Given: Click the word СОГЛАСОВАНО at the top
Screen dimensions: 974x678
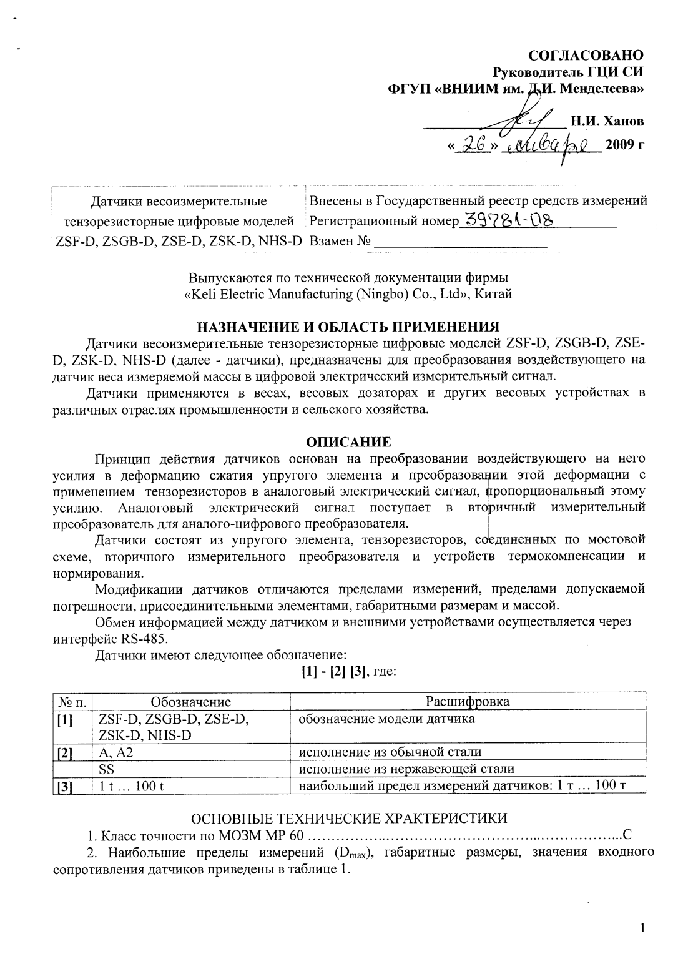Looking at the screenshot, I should tap(586, 56).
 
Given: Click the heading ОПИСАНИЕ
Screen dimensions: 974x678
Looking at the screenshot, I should tap(348, 442).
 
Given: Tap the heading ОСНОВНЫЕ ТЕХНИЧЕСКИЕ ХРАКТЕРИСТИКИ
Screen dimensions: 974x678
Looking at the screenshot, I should tap(348, 818).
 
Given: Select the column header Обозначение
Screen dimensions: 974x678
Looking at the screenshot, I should tap(191, 702).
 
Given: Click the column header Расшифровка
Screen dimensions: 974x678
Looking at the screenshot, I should tap(467, 701).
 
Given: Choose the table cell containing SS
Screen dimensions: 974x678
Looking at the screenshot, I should tap(106, 769).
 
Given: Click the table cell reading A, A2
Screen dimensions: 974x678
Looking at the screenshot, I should tap(116, 752).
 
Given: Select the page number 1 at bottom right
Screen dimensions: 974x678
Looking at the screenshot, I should tap(642, 945).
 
